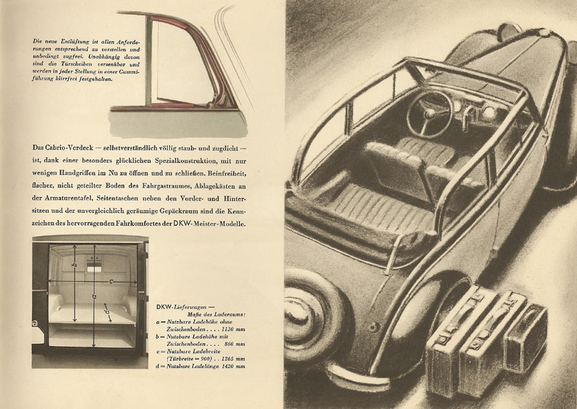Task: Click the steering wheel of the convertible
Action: (x=429, y=114)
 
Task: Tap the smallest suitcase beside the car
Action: (x=526, y=338)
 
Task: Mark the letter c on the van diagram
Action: (x=111, y=281)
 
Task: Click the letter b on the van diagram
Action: (x=75, y=266)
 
